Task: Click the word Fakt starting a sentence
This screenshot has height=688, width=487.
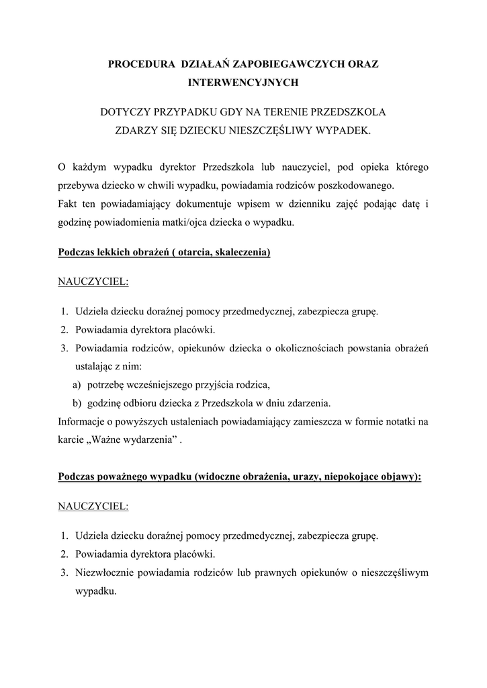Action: pos(69,203)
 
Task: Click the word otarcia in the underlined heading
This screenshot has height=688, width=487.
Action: pos(195,253)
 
